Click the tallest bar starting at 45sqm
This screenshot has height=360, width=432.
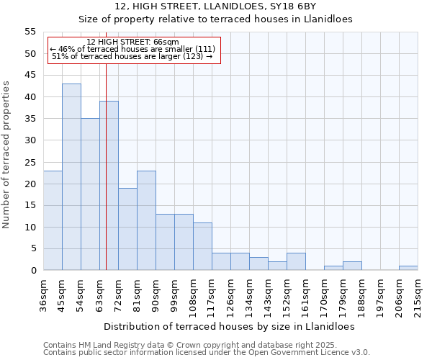pos(71,177)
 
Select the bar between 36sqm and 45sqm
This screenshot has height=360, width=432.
pos(53,220)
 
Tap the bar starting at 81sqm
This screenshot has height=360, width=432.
pos(146,220)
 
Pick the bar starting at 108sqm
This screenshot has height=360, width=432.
pos(202,246)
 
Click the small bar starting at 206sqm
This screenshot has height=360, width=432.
pos(408,268)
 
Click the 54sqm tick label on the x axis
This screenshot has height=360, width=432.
pos(81,293)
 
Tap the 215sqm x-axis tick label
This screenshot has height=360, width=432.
pos(418,295)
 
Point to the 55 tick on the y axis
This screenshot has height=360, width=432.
pos(30,32)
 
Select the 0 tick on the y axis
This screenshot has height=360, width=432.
pos(32,271)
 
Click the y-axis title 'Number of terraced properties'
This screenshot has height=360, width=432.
pos(6,154)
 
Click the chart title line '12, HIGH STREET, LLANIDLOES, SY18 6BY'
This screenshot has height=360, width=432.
pos(215,6)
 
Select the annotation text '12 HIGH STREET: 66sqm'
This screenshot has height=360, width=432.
pos(132,42)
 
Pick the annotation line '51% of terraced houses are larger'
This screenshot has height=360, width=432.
pos(132,56)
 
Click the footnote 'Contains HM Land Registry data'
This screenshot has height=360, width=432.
pos(108,345)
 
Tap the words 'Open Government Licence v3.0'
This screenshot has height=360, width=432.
pos(310,353)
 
